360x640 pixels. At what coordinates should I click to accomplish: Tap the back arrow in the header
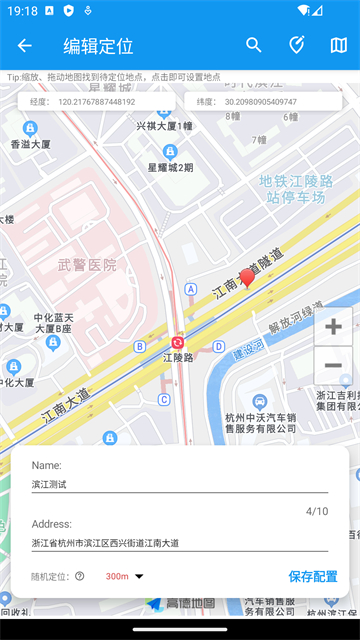pos(25,45)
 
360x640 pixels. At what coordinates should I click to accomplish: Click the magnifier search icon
pos(254,45)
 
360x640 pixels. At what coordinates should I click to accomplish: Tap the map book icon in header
pos(338,45)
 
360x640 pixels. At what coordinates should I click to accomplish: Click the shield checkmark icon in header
pos(296,45)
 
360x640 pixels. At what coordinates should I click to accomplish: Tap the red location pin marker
pos(247,278)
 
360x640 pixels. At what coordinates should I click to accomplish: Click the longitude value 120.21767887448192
pos(96,102)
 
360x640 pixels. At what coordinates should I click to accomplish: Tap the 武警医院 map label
pos(87,265)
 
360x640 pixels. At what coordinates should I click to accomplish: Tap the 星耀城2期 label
pos(171,168)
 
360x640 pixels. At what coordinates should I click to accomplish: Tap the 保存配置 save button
pos(313,576)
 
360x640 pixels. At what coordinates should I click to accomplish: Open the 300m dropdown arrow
pos(139,576)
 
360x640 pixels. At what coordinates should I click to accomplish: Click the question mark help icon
pos(80,576)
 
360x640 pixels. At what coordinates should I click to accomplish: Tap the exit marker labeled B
pos(139,346)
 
